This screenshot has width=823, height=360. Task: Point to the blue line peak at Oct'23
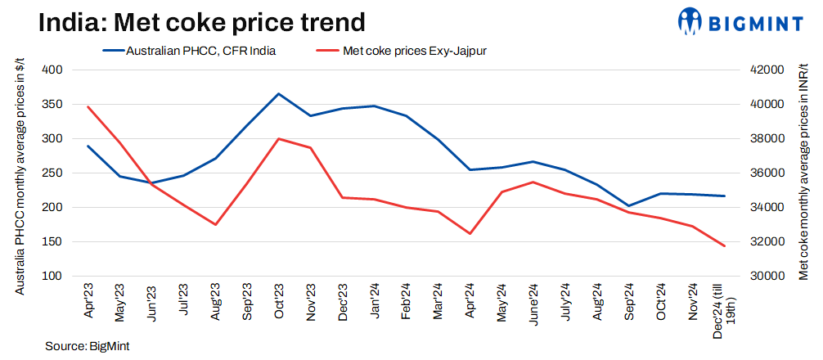278,94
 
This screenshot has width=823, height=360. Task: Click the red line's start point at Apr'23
88,106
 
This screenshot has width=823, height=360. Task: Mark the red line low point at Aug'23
215,224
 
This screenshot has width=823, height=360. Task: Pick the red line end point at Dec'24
724,245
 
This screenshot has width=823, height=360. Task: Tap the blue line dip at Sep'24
629,206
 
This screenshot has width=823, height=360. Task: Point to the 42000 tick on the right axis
763,70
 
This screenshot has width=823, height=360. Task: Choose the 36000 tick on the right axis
763,173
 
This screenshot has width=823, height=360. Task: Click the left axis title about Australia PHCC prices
19,173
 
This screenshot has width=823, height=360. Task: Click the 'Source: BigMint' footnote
83,346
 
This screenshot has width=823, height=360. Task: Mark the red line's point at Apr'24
470,233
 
